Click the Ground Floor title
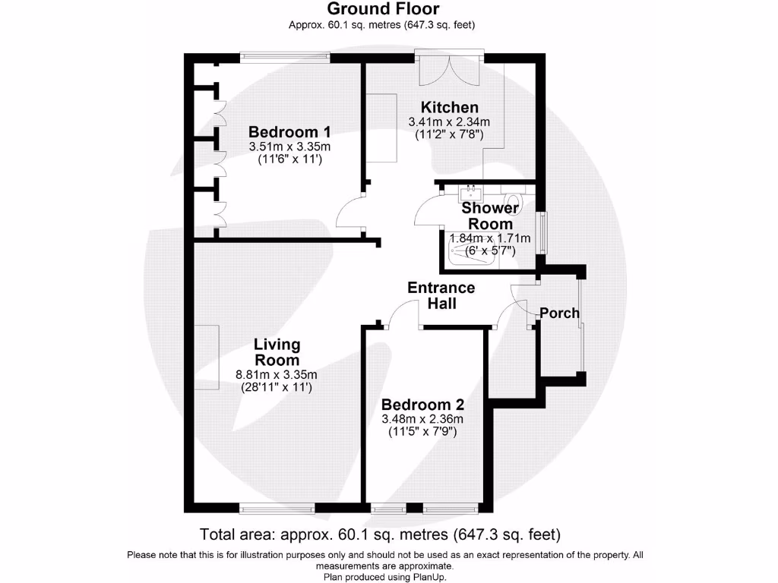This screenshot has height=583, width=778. (383, 9)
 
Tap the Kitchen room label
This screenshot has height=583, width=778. (450, 107)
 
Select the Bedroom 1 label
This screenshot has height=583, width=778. (289, 132)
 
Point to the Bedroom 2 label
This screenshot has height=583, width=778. (422, 405)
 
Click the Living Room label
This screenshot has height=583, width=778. (277, 352)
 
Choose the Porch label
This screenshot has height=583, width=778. (559, 314)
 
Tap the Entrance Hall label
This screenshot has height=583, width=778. (441, 295)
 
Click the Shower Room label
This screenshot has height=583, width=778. (490, 216)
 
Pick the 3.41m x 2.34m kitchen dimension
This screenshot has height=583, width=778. (449, 122)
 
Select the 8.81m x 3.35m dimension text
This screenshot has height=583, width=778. (277, 375)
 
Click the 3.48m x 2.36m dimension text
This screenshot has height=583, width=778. (422, 419)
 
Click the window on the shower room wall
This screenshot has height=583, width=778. (543, 233)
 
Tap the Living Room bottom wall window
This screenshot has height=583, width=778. (277, 508)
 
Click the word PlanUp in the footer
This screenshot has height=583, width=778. (430, 577)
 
